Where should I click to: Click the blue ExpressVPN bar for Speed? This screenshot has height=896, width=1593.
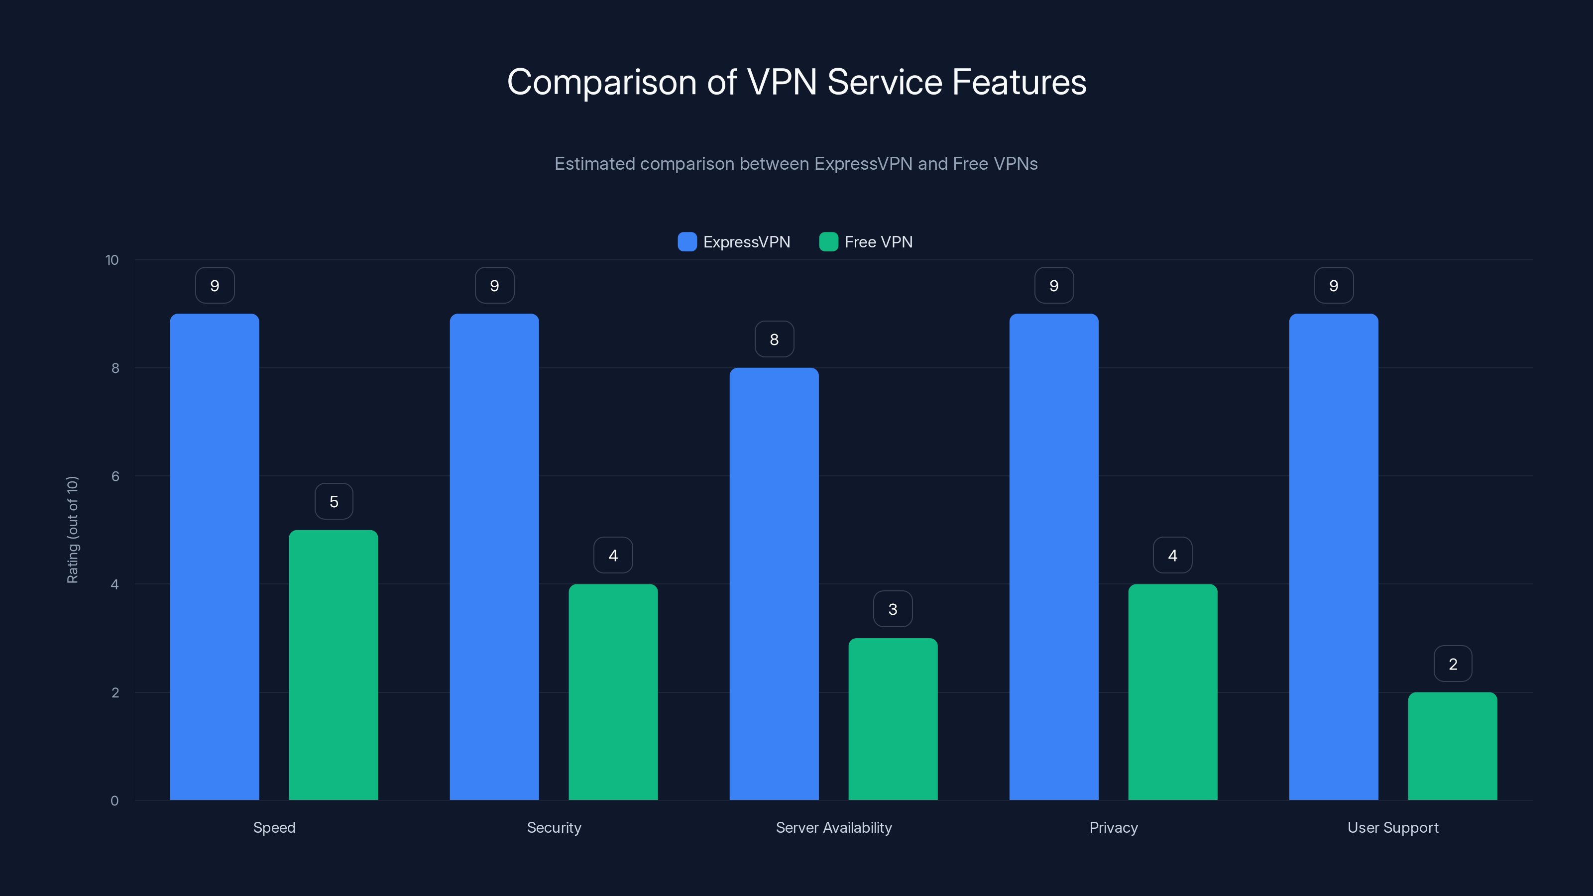215,557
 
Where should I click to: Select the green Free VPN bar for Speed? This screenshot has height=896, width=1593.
334,665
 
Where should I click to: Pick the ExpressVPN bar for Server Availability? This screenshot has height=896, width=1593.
774,584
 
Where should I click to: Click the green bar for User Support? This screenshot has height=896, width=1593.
1453,746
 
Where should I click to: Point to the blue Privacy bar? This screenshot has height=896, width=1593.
1054,557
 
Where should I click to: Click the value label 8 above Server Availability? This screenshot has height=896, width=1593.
774,339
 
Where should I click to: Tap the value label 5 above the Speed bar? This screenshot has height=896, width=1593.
334,501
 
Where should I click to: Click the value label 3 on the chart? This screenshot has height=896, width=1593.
893,609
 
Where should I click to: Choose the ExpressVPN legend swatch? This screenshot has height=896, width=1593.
687,242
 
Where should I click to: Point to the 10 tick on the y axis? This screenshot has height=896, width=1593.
112,260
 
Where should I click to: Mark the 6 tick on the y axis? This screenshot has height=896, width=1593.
115,476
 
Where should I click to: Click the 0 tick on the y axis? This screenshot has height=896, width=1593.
114,801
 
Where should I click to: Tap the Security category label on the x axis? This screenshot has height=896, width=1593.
554,827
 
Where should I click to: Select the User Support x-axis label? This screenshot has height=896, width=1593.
1393,827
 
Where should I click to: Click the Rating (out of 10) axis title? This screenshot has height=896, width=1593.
72,529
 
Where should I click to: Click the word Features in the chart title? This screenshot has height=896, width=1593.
1019,82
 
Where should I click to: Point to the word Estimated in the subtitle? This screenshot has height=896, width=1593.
594,164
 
